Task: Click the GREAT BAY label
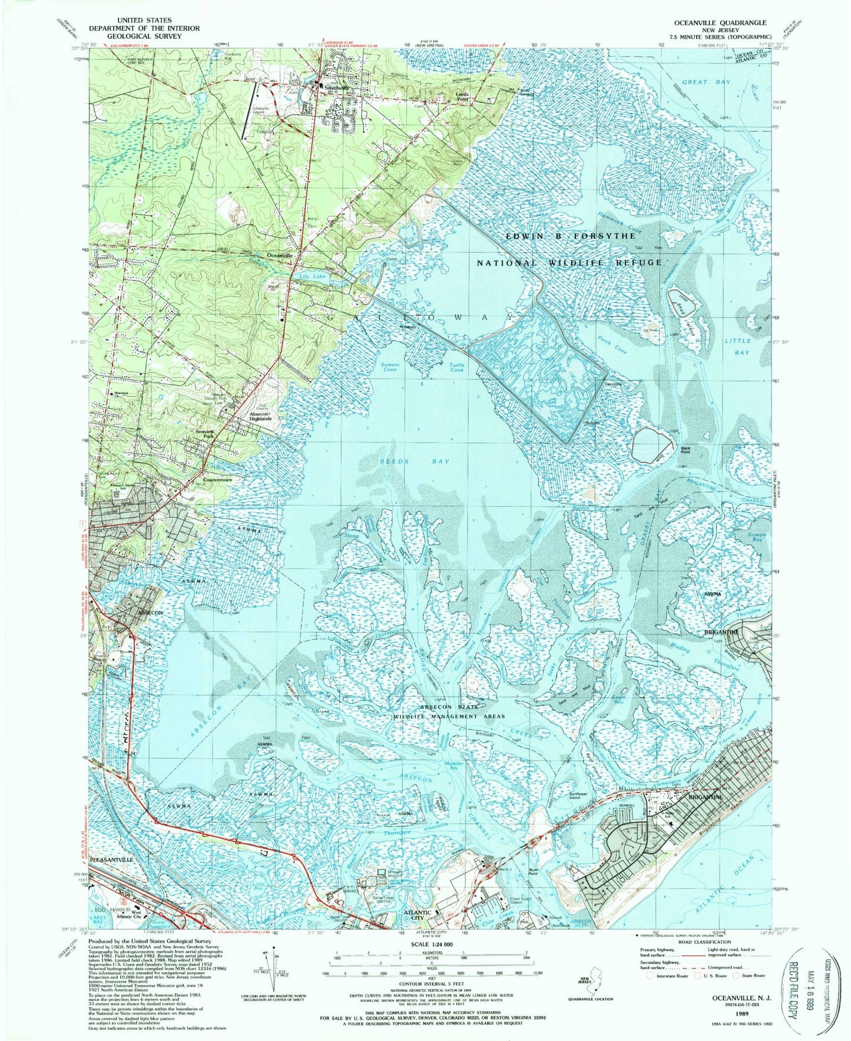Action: tap(706, 82)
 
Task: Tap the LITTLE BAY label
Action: tap(737, 346)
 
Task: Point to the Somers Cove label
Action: tap(390, 368)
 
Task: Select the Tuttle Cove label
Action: tap(457, 368)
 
